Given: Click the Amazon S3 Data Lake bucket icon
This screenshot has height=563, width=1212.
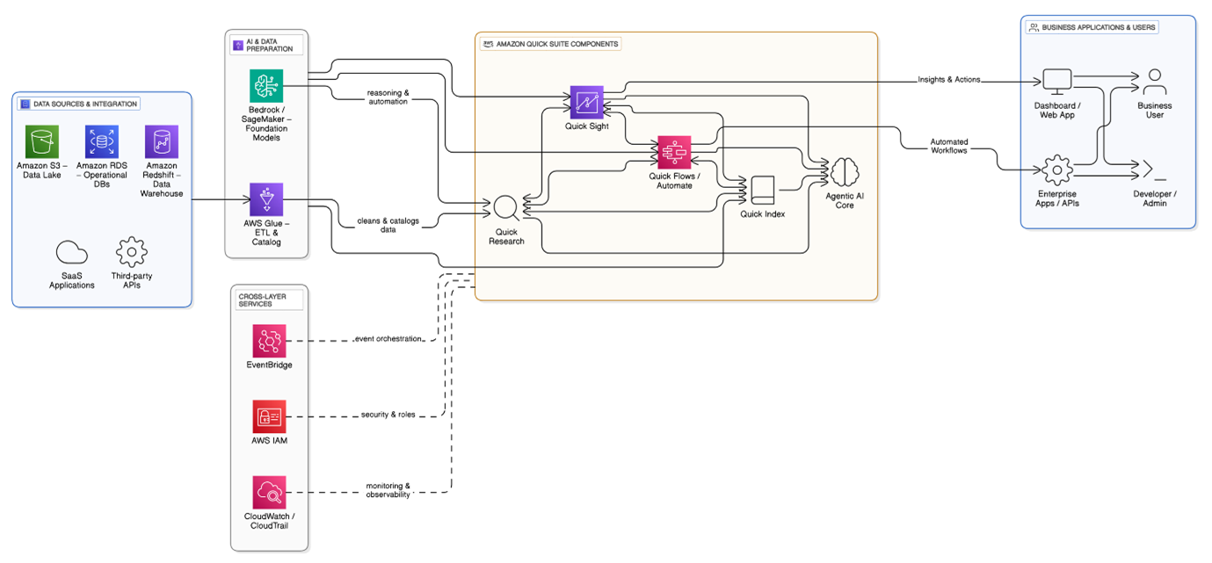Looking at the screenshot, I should tap(42, 141).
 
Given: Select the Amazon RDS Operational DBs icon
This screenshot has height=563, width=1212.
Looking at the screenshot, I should tap(102, 141).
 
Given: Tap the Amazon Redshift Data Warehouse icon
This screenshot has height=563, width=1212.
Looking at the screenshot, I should tap(162, 141).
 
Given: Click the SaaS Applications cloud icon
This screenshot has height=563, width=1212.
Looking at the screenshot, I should tap(72, 253).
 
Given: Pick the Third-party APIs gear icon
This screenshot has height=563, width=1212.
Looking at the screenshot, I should tap(131, 252).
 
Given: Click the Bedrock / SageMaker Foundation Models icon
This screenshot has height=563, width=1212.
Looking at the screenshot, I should tap(265, 85).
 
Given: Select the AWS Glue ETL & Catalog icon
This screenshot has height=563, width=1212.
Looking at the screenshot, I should tap(265, 199).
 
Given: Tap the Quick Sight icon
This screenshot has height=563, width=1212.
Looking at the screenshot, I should tap(586, 103).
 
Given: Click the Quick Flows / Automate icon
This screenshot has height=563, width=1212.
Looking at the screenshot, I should tap(674, 152).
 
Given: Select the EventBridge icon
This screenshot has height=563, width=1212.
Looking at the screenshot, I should tap(269, 341).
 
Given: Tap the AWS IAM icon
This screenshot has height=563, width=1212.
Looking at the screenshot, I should tap(269, 416).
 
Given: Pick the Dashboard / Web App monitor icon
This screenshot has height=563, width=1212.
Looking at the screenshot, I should tap(1056, 82).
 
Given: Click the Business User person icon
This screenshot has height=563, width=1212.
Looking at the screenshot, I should tap(1154, 82).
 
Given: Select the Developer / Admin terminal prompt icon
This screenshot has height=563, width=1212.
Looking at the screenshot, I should tap(1154, 170).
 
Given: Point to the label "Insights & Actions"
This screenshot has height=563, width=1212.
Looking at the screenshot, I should tap(949, 80).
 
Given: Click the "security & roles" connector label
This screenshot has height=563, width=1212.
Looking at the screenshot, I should tap(388, 415).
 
